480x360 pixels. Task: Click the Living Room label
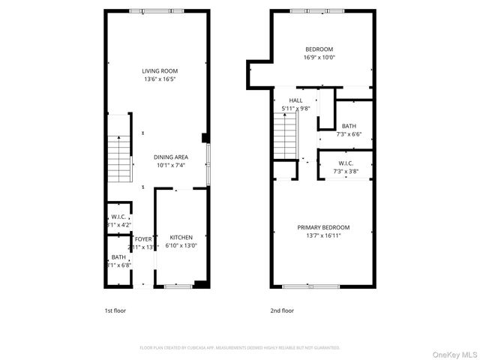coord(164,70)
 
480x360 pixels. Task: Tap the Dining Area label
coord(170,157)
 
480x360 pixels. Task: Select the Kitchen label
coord(181,238)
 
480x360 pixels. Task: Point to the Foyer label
coord(142,238)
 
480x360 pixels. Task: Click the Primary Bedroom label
coord(323,227)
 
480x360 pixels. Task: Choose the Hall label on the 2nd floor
coord(295,100)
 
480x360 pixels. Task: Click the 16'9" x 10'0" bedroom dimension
coord(319,57)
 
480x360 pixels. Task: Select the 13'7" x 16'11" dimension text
coord(323,235)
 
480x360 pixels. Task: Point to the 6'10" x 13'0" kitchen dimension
coord(181,246)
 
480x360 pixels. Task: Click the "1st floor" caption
coord(115,310)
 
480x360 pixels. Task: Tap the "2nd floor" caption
coord(282,310)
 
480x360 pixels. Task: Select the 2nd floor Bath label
coord(349,126)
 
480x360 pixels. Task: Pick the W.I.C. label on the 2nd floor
coord(346,163)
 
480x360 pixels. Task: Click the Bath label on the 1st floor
coord(119,257)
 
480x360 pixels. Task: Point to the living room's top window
coord(156,10)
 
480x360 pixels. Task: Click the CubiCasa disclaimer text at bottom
coord(240,348)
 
